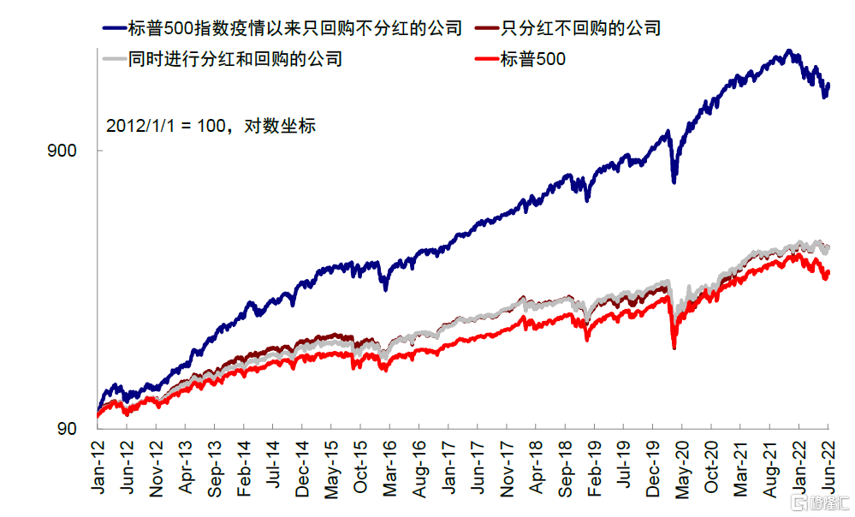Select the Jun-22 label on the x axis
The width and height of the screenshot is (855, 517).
coord(828,468)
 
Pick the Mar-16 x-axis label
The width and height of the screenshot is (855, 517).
coord(390,468)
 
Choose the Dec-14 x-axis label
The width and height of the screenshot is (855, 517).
coord(302,468)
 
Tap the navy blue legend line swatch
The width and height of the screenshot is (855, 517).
coord(113,28)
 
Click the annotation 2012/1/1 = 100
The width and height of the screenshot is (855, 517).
coord(163,125)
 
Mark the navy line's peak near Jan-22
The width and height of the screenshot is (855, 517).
coord(788,51)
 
